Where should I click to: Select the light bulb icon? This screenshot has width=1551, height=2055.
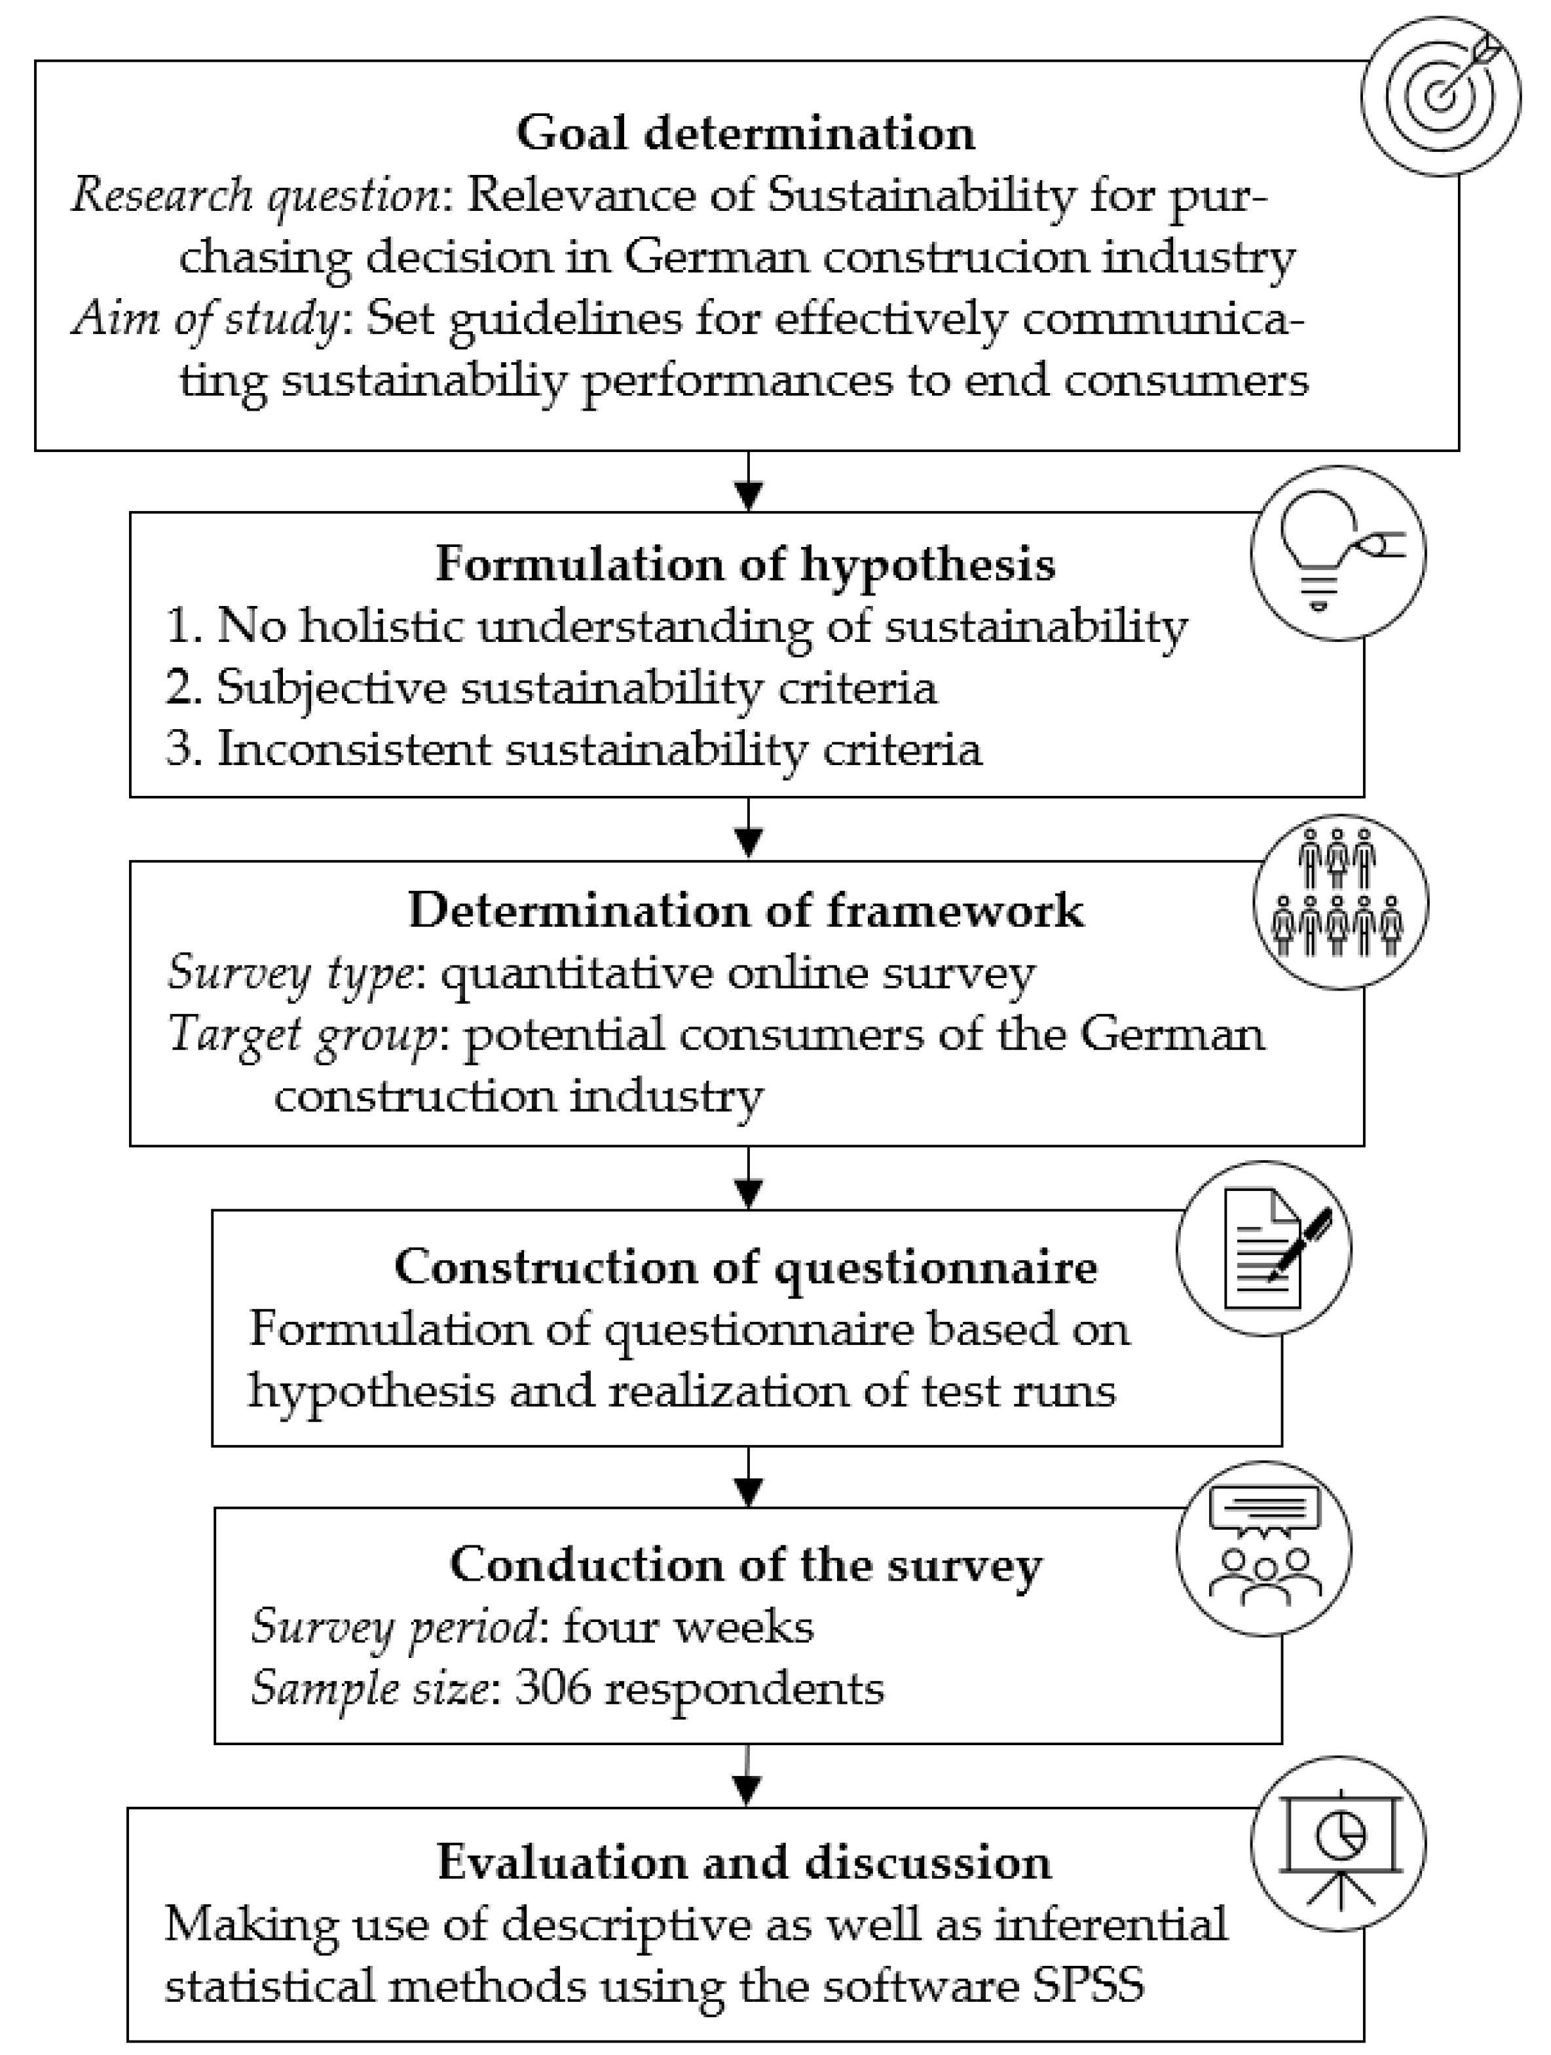[x=1337, y=554]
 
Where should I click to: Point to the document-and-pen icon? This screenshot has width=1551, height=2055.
[x=1264, y=1248]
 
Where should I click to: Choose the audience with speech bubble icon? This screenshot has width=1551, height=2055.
[x=1264, y=1549]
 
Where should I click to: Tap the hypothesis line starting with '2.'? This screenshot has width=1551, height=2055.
[x=551, y=687]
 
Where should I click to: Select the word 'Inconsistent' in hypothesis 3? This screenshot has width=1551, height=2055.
[x=354, y=749]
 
